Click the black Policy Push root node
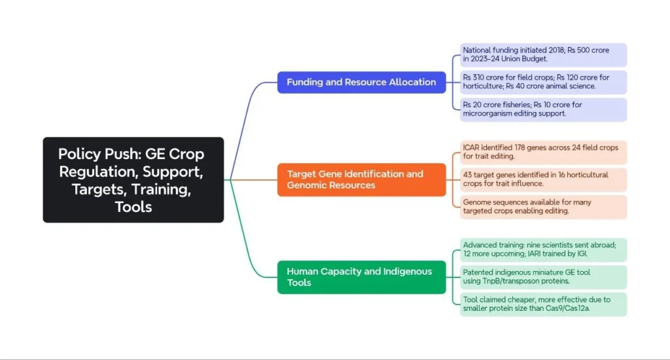pyautogui.click(x=133, y=180)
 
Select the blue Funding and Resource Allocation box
pyautogui.click(x=361, y=82)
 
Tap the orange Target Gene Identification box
pyautogui.click(x=361, y=179)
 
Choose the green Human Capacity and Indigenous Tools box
pyautogui.click(x=361, y=277)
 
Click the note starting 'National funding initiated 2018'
pyautogui.click(x=543, y=55)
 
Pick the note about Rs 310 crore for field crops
pyautogui.click(x=543, y=82)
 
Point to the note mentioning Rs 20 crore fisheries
pyautogui.click(x=543, y=110)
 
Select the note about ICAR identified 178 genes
pyautogui.click(x=543, y=153)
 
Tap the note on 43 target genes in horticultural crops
pyautogui.click(x=543, y=180)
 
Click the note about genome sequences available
pyautogui.click(x=543, y=207)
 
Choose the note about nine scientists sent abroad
pyautogui.click(x=543, y=250)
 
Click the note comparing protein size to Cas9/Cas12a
pyautogui.click(x=543, y=304)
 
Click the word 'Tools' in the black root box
pyautogui.click(x=133, y=207)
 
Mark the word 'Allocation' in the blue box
pyautogui.click(x=413, y=82)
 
